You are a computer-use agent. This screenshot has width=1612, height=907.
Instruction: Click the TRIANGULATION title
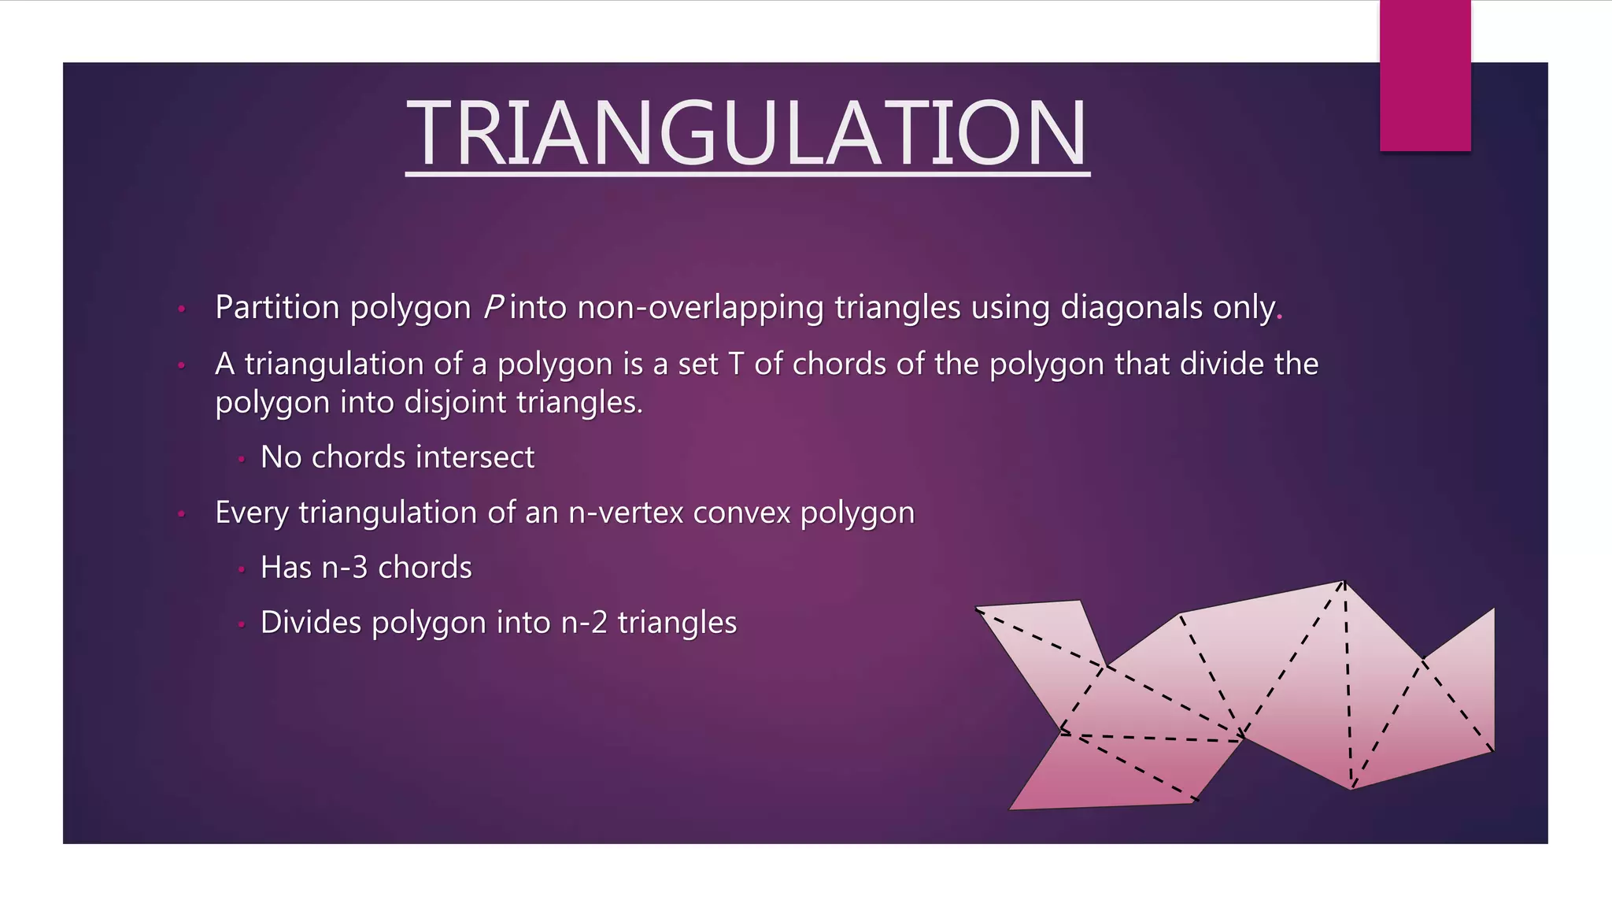click(747, 132)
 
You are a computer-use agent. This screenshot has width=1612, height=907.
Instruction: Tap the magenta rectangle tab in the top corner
click(1425, 76)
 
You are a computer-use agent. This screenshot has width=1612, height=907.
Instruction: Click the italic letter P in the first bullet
click(493, 307)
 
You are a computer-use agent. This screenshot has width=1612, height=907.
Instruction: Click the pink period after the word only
click(1280, 316)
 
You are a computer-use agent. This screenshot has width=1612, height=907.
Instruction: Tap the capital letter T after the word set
click(736, 364)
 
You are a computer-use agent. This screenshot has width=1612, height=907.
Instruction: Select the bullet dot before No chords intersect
click(242, 458)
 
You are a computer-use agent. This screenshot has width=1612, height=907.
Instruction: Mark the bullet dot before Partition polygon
click(181, 309)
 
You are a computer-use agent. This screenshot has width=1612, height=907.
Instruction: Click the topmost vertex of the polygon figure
click(1344, 582)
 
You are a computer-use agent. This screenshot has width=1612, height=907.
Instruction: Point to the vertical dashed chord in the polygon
click(1348, 685)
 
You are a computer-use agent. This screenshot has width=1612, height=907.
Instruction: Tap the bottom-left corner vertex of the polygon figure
click(1011, 809)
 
